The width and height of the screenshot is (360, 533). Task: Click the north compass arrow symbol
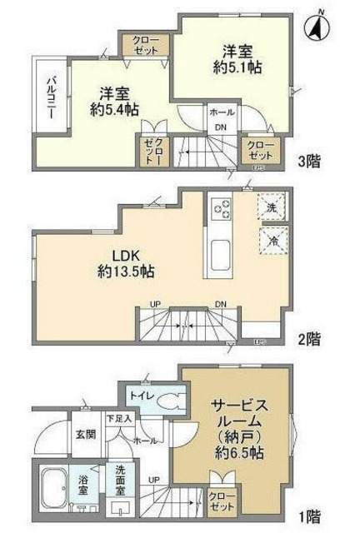(317, 27)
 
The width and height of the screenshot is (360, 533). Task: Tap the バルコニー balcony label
(50, 101)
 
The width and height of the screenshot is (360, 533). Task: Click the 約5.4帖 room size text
(114, 109)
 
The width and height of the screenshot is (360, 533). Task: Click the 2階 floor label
(314, 340)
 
